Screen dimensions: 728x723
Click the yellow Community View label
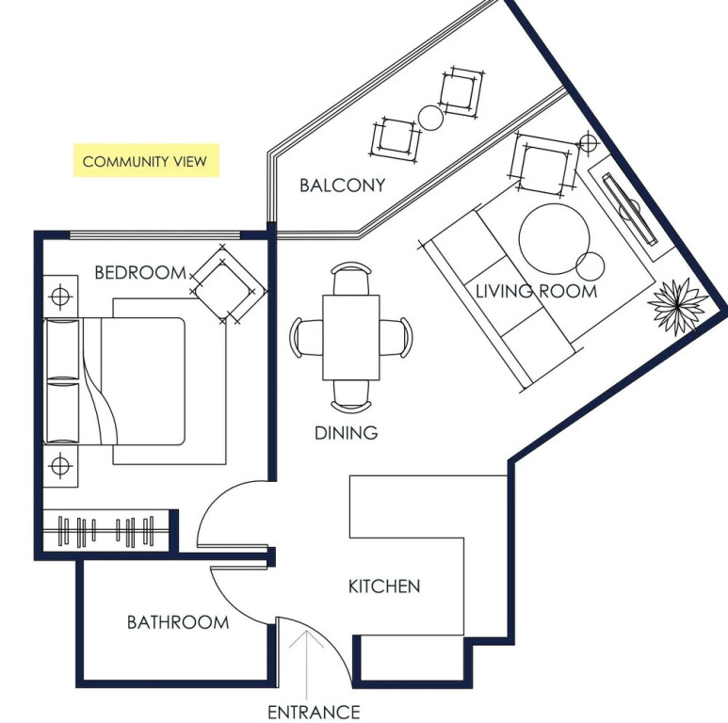[146, 161]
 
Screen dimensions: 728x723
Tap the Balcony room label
[342, 185]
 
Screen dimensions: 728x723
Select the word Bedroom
[140, 272]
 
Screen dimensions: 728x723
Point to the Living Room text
[536, 292]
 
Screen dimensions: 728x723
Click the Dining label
[346, 433]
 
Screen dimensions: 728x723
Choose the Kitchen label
[384, 586]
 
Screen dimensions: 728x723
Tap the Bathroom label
[178, 622]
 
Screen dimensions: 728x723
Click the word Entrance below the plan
[314, 712]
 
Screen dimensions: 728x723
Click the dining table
[351, 337]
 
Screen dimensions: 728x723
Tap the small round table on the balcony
[430, 118]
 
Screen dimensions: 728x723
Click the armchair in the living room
[545, 165]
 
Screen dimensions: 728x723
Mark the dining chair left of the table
[305, 337]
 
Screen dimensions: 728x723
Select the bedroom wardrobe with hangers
[105, 531]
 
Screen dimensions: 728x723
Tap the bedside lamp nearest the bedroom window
[60, 296]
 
